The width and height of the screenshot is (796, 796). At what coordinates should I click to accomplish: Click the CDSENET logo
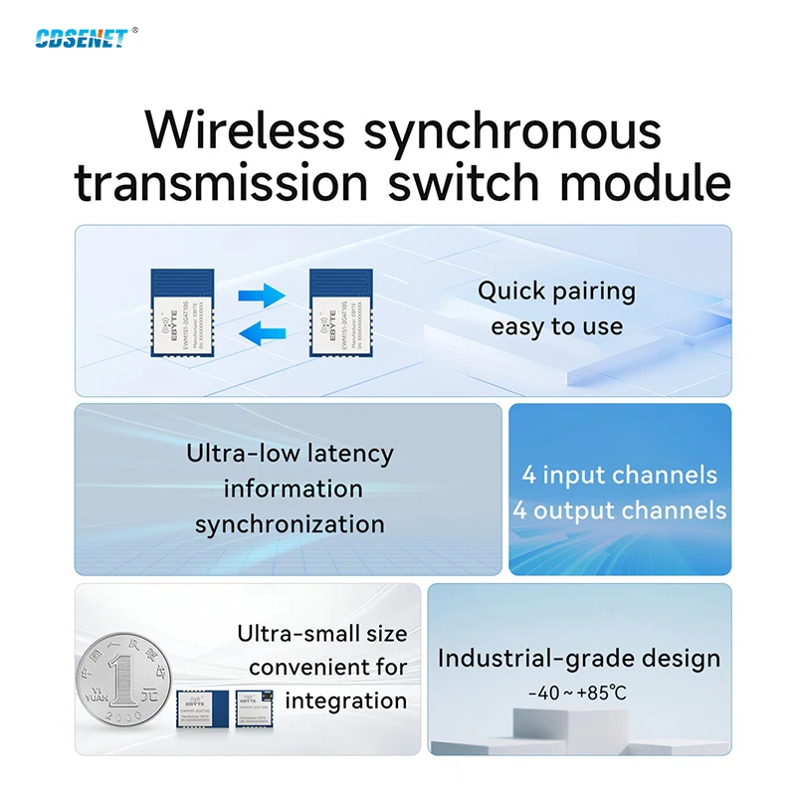pos(81,38)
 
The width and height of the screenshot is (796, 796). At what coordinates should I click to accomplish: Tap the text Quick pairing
pos(556,292)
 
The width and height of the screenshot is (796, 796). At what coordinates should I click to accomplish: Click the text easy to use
pos(556,326)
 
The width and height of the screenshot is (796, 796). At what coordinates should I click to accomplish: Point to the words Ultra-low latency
pos(290,454)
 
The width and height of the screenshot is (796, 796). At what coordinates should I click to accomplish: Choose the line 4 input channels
pos(619,475)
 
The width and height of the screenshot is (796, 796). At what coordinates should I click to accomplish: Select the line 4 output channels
pos(619,511)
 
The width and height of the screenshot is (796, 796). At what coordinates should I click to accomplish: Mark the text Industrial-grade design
pos(578,658)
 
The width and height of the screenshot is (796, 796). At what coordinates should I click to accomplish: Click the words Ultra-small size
pos(321,634)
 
